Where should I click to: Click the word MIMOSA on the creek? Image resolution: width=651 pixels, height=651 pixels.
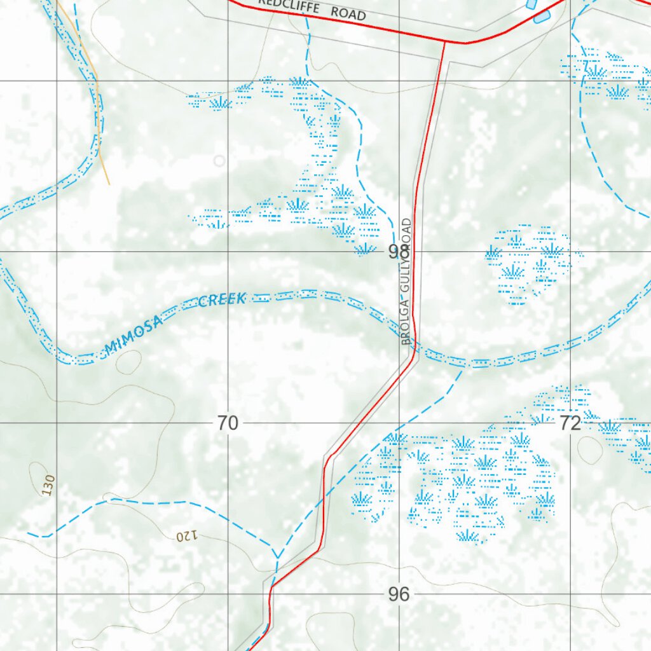point(134,336)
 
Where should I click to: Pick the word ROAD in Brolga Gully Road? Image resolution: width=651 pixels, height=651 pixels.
point(407,235)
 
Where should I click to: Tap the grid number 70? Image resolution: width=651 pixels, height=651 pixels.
point(227,423)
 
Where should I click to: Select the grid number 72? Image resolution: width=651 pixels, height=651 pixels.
point(570,423)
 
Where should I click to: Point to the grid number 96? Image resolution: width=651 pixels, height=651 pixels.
point(398,594)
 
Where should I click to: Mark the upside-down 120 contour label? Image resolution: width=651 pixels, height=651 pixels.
point(188,536)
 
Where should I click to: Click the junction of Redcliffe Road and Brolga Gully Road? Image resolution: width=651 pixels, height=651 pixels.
point(444,42)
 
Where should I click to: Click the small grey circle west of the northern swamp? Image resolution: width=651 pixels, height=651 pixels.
point(219,161)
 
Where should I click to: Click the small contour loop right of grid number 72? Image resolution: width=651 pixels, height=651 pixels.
point(591,449)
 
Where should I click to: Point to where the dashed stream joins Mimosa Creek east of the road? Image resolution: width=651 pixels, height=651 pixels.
point(463,367)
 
